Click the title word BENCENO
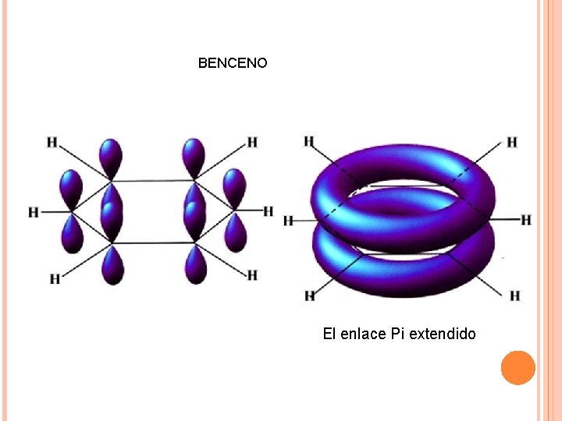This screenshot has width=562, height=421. tap(233, 62)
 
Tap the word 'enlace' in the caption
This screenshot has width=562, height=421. tap(363, 334)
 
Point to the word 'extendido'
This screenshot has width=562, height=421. tap(443, 334)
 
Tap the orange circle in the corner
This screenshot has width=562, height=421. tap(518, 367)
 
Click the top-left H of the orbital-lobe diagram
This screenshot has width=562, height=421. tap(52, 142)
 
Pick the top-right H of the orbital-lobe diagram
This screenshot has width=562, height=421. tap(252, 142)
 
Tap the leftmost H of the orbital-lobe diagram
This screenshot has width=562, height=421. tap(34, 212)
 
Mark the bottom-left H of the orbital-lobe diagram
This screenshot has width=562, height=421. tap(55, 278)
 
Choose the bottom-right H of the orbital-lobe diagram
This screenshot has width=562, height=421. tap(252, 275)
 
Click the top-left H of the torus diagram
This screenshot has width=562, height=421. tap(309, 141)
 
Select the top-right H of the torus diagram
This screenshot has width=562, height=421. tap(512, 142)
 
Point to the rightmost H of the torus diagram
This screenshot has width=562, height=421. tap(526, 220)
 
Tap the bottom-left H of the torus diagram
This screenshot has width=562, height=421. tap(310, 295)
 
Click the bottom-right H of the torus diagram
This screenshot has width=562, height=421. tap(514, 295)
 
